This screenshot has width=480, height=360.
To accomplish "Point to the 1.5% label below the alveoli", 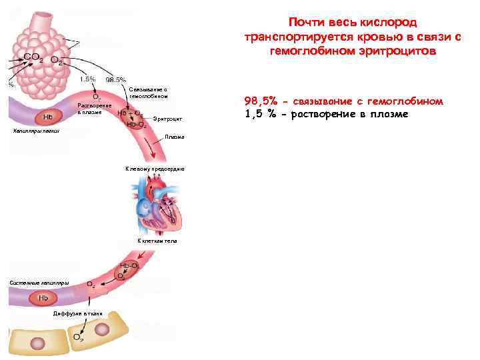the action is [87, 79].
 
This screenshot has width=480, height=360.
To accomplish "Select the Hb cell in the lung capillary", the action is [48, 117].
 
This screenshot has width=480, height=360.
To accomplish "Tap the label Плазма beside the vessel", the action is [175, 137].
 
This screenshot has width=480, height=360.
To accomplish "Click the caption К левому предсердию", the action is [155, 170].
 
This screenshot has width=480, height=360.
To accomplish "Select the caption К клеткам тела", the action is [157, 240].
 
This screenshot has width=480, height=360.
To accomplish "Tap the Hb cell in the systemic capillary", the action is [43, 297].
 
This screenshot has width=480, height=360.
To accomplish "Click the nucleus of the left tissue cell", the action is [38, 343].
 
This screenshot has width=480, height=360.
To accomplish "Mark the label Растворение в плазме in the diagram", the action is [91, 108].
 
